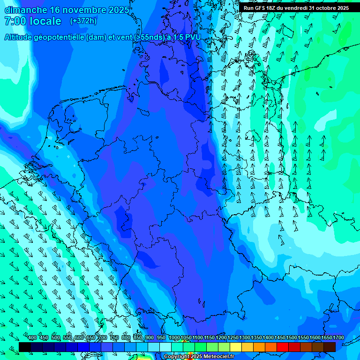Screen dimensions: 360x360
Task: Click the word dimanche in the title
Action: tap(26, 9)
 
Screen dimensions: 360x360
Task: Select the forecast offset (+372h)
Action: tap(83, 21)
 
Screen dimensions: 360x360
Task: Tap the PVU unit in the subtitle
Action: tap(192, 37)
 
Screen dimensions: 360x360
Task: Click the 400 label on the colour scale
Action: tap(32, 338)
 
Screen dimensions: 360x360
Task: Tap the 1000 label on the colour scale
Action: tap(174, 338)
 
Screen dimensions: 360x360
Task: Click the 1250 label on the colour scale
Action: tap(232, 338)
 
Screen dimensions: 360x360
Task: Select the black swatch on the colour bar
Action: tap(25, 347)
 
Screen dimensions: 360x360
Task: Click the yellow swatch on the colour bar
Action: tap(236, 347)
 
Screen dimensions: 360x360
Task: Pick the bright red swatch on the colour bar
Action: tap(283, 347)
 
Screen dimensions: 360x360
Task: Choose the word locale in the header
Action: tap(45, 21)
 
